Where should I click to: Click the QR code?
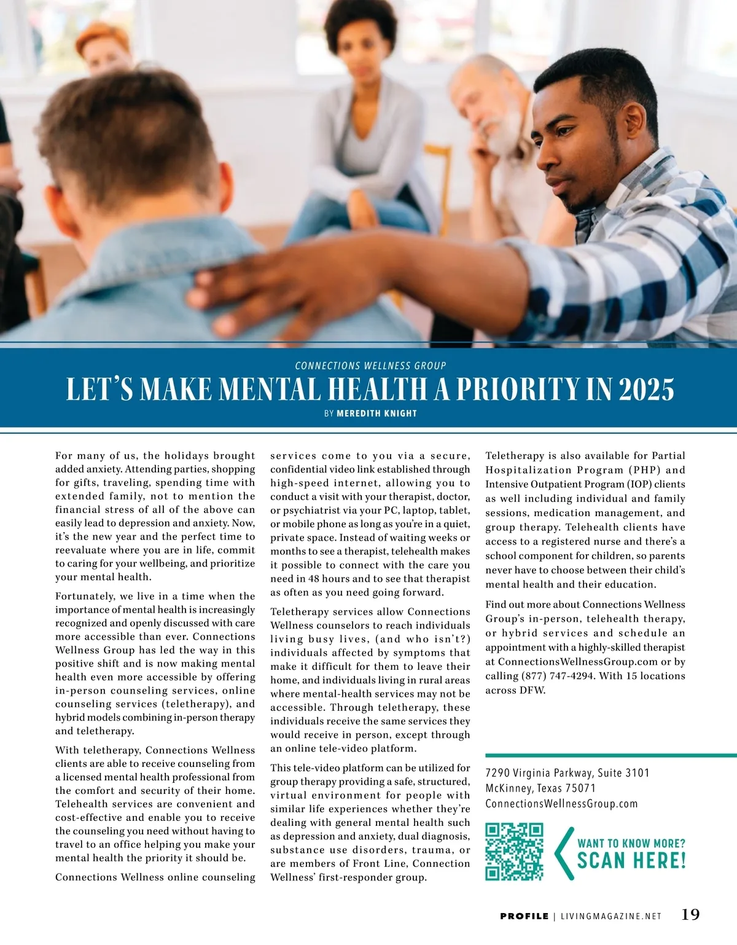coord(514,852)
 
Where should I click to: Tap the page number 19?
coord(690,914)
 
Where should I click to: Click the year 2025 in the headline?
coord(646,390)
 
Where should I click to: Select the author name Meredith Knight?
coord(376,414)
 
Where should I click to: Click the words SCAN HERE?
coord(631,860)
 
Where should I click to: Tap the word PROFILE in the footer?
coord(524,916)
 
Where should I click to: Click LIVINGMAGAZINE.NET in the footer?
coord(611,916)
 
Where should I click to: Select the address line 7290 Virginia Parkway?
coord(567,773)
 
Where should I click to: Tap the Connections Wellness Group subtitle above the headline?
coord(370,366)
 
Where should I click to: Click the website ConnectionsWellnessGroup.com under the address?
coord(561,804)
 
